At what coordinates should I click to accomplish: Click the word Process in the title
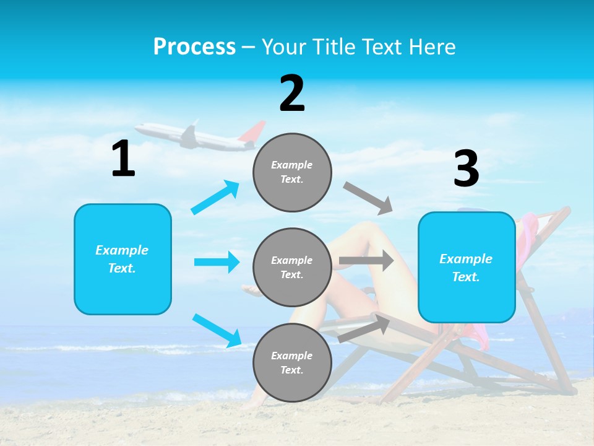(194, 47)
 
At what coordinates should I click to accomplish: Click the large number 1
(123, 159)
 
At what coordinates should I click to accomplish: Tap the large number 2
(292, 94)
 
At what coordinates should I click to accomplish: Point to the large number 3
(466, 168)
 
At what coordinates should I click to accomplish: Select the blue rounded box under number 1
(123, 259)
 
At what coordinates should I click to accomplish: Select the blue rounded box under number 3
(467, 267)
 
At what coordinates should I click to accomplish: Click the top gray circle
(292, 172)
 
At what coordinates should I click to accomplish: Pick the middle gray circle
(292, 267)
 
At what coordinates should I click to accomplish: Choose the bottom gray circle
(292, 362)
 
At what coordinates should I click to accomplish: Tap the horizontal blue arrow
(217, 262)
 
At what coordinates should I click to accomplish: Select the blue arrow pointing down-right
(217, 330)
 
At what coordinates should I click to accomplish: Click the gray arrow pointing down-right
(368, 198)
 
